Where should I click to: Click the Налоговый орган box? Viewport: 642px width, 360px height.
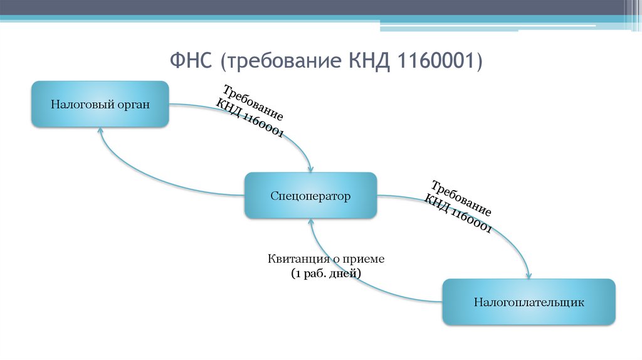pyautogui.click(x=100, y=104)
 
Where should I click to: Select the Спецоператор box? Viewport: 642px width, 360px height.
pyautogui.click(x=310, y=196)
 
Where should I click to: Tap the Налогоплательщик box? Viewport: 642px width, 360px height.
pyautogui.click(x=529, y=302)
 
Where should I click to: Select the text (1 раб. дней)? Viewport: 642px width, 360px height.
pyautogui.click(x=326, y=273)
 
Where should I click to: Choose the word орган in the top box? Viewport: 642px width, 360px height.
pyautogui.click(x=133, y=104)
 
